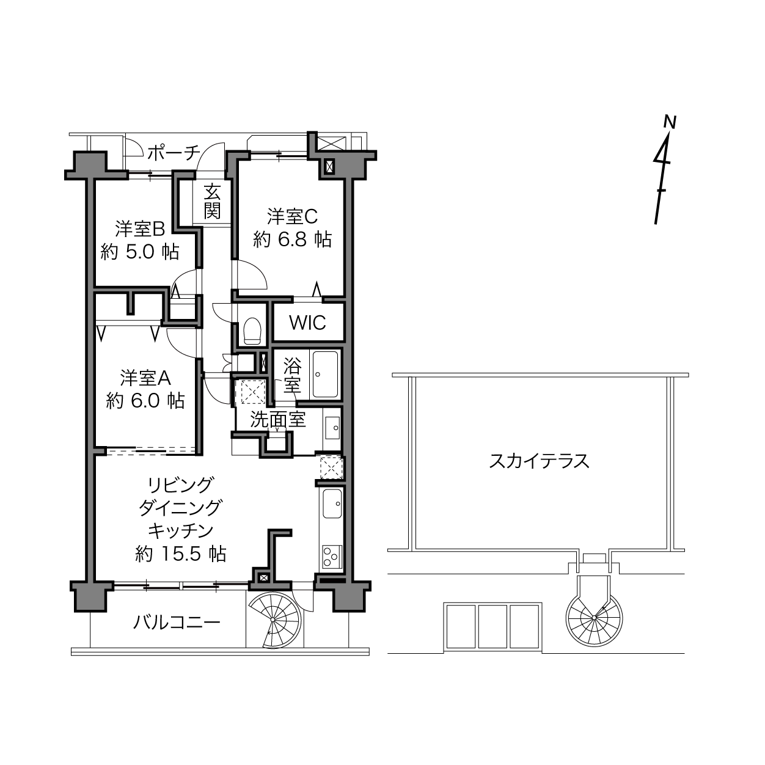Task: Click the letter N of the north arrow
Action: coord(670,122)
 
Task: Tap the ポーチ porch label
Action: coord(174,153)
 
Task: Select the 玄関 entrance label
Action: coord(213,202)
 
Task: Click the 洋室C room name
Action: coord(292,216)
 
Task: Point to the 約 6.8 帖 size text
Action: coord(292,240)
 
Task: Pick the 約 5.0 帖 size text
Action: coord(140,252)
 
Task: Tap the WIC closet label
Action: coord(308,323)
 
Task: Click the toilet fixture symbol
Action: coord(252,331)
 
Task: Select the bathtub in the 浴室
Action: coord(326,375)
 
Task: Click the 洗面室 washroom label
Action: coord(278,420)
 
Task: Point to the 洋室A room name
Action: coord(145,378)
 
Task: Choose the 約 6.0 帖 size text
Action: coord(145,401)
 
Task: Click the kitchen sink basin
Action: coord(332,503)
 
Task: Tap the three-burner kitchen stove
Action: coord(332,556)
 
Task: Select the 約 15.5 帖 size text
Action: coord(181,554)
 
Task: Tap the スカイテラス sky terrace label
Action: coord(539,461)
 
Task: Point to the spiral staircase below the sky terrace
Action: coord(594,618)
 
